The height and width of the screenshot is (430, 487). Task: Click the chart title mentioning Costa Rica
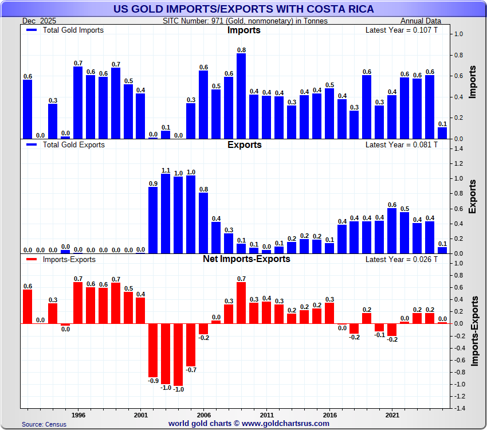point(244,9)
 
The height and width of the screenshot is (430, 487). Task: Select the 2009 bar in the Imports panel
point(241,96)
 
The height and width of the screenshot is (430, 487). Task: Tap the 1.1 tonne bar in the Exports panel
point(166,213)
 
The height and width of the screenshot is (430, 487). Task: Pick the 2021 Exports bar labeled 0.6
point(392,230)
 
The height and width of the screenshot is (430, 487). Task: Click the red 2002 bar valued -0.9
point(153,350)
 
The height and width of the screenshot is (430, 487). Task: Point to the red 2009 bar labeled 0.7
point(241,303)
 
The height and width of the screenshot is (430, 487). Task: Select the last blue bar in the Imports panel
point(442,132)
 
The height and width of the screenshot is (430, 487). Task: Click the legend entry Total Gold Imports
point(73,30)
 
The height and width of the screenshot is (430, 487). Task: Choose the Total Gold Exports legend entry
point(73,144)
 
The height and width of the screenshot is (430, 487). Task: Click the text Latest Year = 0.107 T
point(401,30)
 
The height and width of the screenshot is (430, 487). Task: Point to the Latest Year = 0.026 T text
point(401,259)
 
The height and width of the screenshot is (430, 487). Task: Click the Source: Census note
point(44,424)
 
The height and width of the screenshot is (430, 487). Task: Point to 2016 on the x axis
point(329,414)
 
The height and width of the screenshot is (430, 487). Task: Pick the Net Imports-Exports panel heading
point(246,259)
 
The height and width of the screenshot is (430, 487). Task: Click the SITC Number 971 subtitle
point(245,21)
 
